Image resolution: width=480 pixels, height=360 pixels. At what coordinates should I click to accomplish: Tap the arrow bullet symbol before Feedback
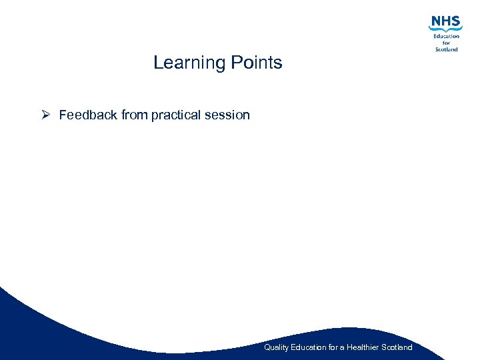(45, 115)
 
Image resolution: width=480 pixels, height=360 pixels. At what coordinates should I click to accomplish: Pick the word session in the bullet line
(227, 115)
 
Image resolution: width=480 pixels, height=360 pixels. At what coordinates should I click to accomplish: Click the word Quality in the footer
(276, 347)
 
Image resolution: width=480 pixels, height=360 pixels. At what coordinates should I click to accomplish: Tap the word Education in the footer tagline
(309, 347)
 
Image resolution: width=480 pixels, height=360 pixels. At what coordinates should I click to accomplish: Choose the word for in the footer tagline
(334, 347)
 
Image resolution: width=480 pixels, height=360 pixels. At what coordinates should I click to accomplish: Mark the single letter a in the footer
(343, 347)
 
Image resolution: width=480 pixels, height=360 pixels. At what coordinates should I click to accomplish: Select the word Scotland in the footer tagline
(397, 347)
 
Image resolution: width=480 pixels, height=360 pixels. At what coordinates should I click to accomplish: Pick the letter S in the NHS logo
(456, 21)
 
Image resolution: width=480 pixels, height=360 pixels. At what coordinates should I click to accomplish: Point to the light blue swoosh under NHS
(445, 30)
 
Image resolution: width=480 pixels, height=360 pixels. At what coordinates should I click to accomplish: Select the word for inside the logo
(447, 43)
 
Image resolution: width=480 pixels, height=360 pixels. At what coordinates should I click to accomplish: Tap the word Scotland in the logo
(447, 49)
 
